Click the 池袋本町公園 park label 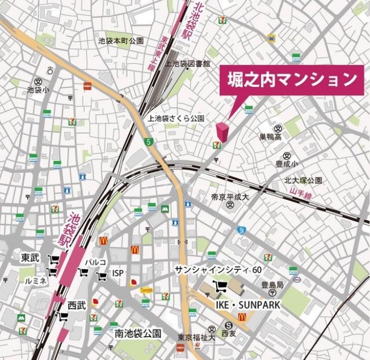(x=121, y=41)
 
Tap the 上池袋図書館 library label (x=187, y=64)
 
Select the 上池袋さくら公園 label (x=175, y=119)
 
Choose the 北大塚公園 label (x=304, y=181)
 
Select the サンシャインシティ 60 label (x=218, y=269)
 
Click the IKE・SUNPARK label (x=247, y=305)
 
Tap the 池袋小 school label (x=38, y=90)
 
